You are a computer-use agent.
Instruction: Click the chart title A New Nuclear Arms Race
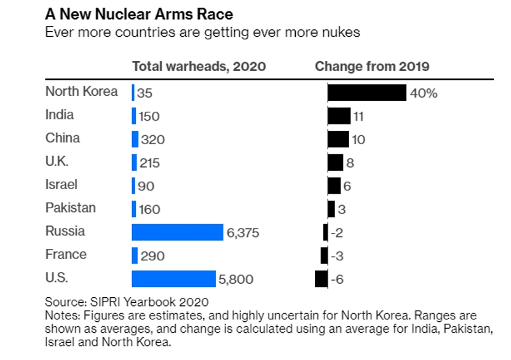click(x=137, y=13)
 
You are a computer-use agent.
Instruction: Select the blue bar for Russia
click(x=178, y=232)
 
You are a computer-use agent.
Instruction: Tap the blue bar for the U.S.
click(x=174, y=279)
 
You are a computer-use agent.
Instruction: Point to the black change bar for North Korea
click(x=367, y=93)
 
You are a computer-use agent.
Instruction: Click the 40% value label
click(x=424, y=93)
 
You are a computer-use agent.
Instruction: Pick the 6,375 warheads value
click(x=243, y=233)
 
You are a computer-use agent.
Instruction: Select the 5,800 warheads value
click(x=236, y=279)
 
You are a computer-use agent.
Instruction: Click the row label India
click(x=60, y=115)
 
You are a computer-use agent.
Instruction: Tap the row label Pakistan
click(x=70, y=208)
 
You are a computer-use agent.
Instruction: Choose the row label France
click(x=66, y=255)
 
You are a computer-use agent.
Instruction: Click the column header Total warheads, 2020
click(x=199, y=67)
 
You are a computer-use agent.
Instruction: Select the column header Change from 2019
click(x=372, y=67)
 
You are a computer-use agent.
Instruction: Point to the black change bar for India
click(x=339, y=116)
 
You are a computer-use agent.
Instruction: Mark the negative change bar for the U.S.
click(x=321, y=279)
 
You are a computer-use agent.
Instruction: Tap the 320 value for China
click(x=152, y=140)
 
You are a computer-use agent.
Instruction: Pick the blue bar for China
click(x=135, y=140)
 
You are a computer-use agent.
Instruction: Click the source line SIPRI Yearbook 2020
click(x=127, y=302)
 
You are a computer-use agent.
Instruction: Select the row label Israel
click(x=62, y=185)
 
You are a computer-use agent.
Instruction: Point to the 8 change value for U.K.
click(x=350, y=163)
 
